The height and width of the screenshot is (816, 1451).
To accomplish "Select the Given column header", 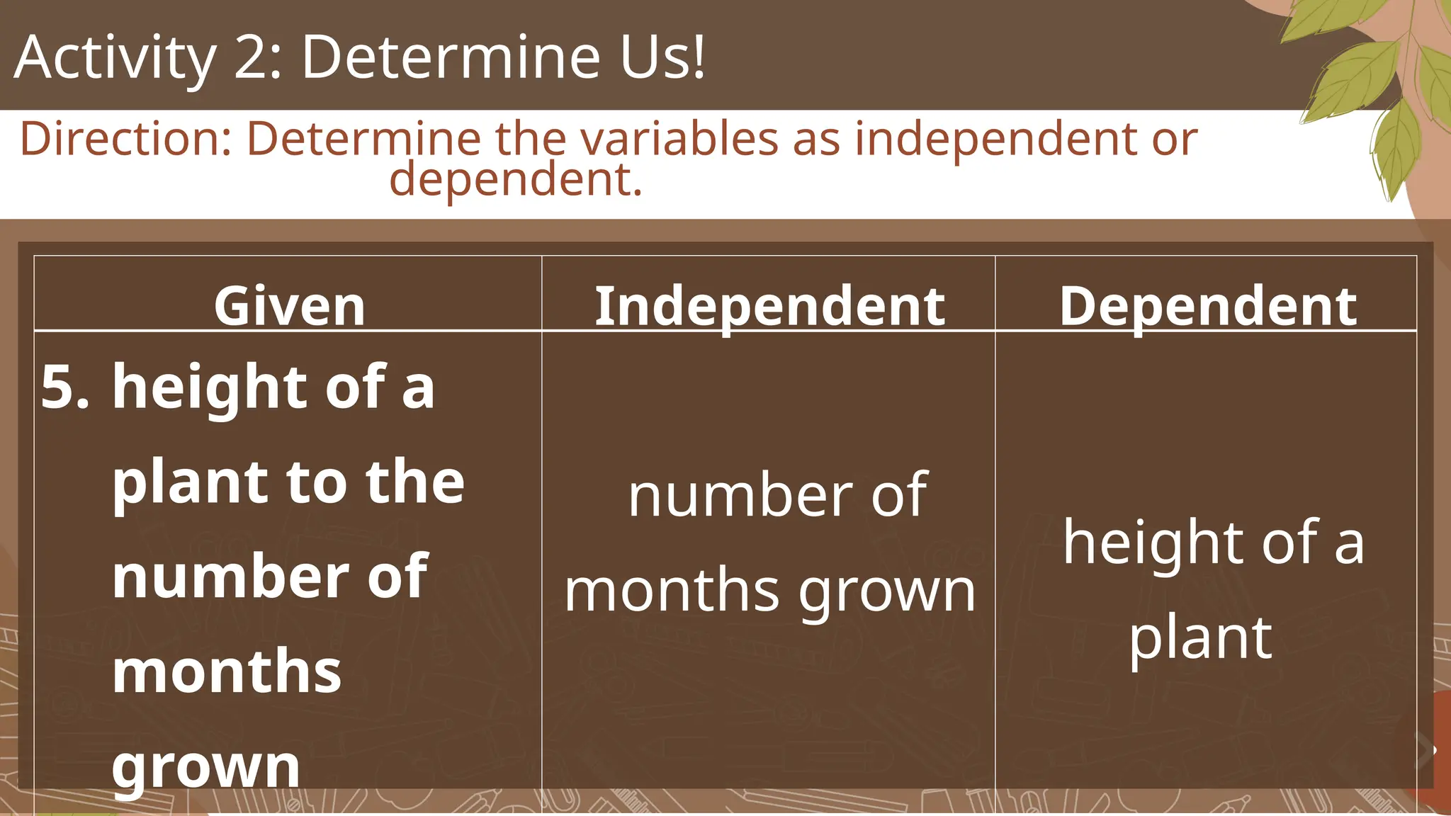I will click(289, 306).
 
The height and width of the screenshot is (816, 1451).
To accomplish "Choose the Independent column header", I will click(769, 306).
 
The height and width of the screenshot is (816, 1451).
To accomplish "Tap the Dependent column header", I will click(1208, 306).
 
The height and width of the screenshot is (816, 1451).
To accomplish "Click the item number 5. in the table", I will click(65, 387).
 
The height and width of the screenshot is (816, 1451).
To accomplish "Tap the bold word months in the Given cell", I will click(227, 671).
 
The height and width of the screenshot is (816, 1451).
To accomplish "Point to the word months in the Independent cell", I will click(672, 591).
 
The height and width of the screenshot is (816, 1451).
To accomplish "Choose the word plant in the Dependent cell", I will click(1200, 638).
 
